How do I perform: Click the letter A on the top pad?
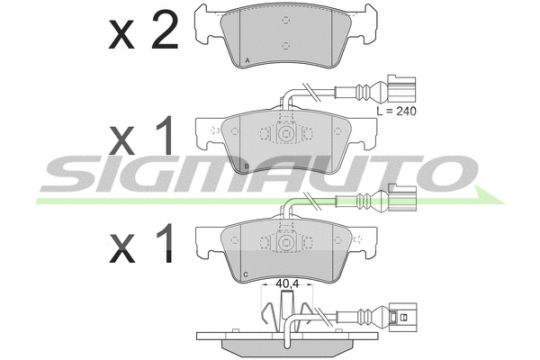click(247, 60)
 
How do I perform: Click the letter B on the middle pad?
click(247, 167)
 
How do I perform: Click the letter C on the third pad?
click(246, 274)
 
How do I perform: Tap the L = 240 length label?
click(396, 111)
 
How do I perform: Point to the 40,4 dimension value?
click(287, 283)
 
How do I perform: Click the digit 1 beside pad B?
click(165, 135)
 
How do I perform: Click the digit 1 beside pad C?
click(165, 243)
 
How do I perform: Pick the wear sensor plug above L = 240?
click(402, 89)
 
